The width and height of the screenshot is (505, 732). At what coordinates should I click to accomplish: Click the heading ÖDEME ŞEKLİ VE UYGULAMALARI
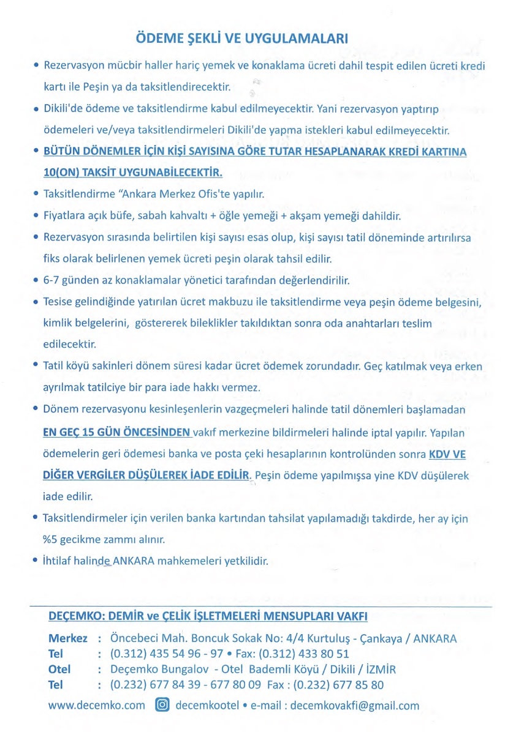(241, 38)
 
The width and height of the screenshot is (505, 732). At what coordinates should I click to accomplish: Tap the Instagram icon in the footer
(162, 704)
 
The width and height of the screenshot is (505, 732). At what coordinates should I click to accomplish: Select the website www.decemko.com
(97, 705)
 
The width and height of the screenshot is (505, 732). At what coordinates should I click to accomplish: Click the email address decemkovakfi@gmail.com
(355, 705)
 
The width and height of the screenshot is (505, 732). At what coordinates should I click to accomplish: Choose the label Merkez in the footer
(67, 638)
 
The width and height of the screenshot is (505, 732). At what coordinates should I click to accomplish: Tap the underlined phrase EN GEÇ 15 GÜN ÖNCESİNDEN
(117, 433)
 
